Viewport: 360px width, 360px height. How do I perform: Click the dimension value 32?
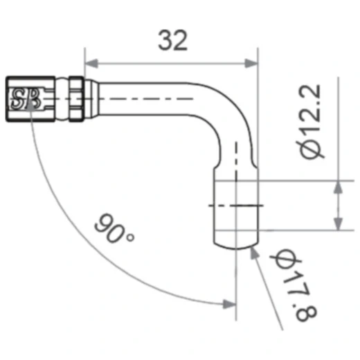coord(172,41)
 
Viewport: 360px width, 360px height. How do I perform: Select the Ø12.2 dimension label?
coord(312,123)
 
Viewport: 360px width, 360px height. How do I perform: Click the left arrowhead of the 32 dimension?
coord(90,61)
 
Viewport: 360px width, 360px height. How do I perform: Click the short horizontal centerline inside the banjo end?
coord(235,206)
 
